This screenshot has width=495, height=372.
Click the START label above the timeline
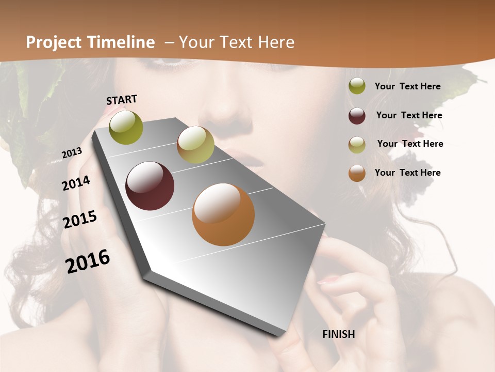point(122,99)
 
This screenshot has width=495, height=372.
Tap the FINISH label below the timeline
point(338,334)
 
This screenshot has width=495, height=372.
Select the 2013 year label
point(72,152)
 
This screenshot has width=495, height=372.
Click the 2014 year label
point(76,183)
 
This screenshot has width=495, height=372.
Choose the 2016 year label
point(88,261)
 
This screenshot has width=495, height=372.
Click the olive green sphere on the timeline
point(126,127)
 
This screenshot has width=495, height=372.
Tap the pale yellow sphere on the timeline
point(195,145)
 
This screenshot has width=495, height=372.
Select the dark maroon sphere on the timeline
point(150,186)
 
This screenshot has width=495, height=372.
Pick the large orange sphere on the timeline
point(223,214)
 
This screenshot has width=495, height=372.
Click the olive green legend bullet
point(357,86)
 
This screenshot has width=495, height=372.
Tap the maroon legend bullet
point(357,116)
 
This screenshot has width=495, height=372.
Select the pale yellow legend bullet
point(357,145)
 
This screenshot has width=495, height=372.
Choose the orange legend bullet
point(357,173)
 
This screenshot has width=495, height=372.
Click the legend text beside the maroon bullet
point(409,115)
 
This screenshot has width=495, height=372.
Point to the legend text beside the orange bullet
point(407,173)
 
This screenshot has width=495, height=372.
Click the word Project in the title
point(54,42)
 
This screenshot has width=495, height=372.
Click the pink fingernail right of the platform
point(328,281)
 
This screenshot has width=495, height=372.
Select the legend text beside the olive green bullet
point(407,86)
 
